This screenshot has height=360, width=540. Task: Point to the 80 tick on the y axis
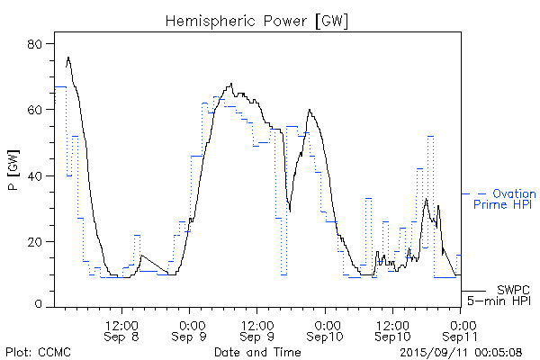[37, 43]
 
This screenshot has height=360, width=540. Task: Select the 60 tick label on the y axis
[37, 110]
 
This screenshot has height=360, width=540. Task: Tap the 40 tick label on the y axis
[37, 175]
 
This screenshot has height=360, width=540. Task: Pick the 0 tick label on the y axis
[40, 306]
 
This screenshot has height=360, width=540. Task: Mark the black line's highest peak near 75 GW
[68, 58]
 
